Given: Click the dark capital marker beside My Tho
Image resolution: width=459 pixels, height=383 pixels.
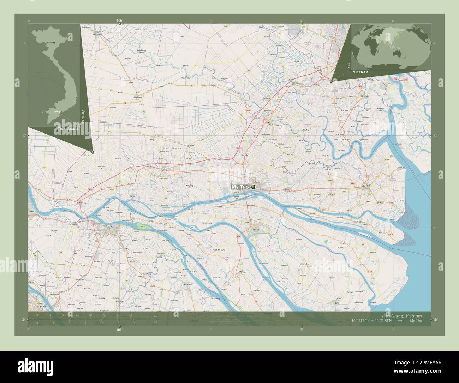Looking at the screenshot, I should click(253, 187).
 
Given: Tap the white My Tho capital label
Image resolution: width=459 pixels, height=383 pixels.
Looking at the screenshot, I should click(240, 187).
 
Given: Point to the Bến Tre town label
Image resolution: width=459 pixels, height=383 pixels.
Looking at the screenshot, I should click(252, 229).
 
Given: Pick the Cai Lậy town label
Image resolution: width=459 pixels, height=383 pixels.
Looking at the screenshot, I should click(163, 170).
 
